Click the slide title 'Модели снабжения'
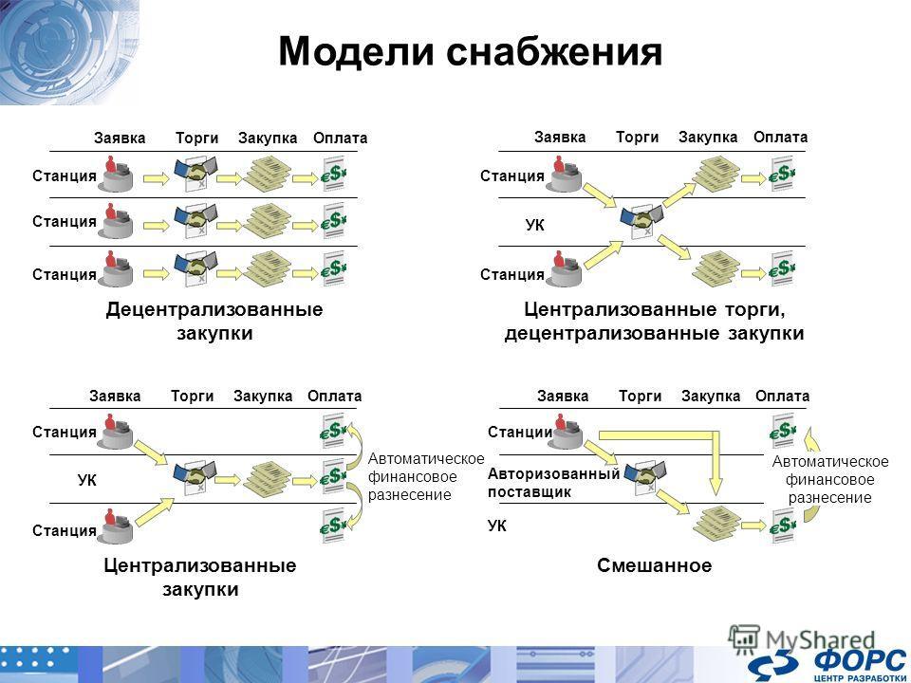point(470,51)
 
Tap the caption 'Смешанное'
point(654,565)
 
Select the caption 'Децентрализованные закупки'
point(214,321)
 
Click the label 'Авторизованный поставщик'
point(553,483)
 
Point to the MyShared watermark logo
point(802,639)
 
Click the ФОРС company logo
point(827,666)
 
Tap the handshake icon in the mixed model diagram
point(644,476)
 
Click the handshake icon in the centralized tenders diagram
point(642,221)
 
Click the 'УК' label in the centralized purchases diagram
point(87,480)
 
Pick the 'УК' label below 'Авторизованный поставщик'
point(496,526)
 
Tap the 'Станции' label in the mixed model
point(520,433)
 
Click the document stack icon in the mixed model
point(716,523)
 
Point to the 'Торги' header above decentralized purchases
point(197,138)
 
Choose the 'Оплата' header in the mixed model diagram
point(782,397)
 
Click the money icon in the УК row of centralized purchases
point(334,476)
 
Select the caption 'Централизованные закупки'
point(200,577)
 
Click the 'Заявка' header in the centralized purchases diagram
point(115,397)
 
